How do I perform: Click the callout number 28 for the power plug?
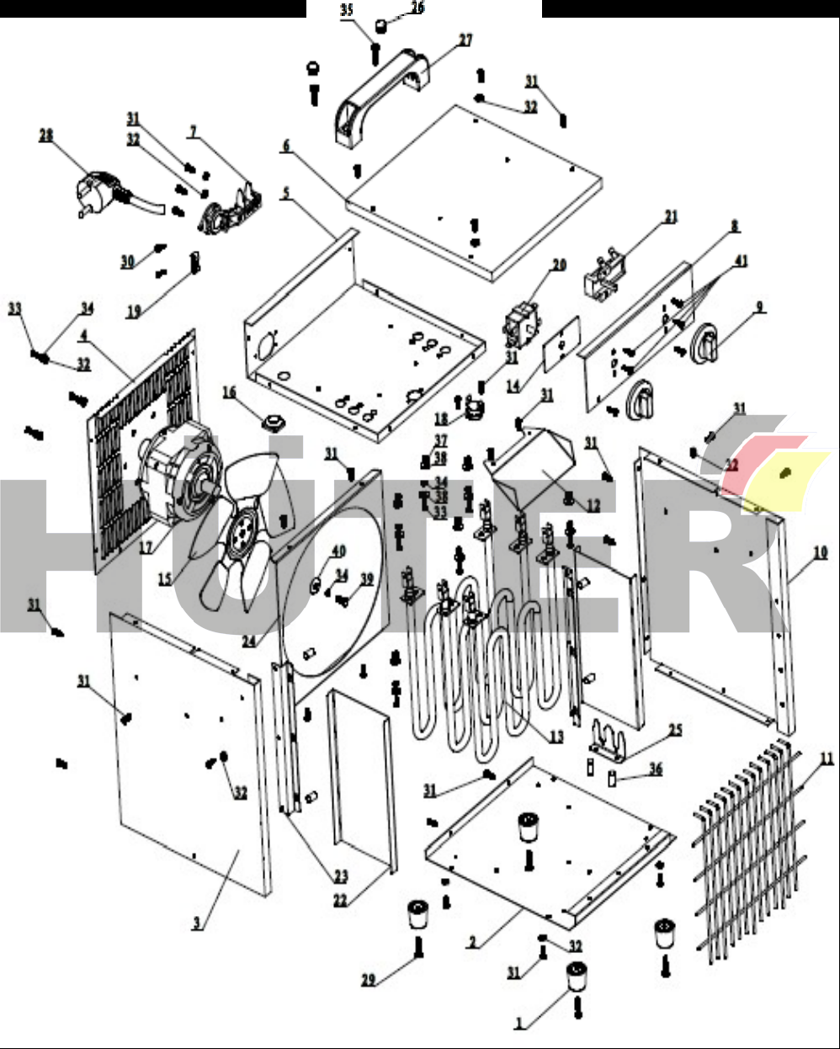click(46, 135)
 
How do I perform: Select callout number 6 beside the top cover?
click(286, 146)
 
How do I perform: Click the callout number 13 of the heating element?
click(556, 737)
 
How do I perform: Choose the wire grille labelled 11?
click(749, 850)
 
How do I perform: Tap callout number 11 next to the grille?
click(827, 759)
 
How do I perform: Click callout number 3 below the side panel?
click(196, 924)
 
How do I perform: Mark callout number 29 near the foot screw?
click(369, 980)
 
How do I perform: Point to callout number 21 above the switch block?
click(670, 217)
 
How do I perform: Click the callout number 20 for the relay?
click(559, 265)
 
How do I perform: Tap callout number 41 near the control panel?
click(740, 262)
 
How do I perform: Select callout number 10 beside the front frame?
click(820, 553)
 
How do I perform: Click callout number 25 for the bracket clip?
click(676, 730)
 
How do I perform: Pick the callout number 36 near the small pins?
click(656, 769)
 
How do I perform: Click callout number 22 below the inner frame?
click(340, 900)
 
